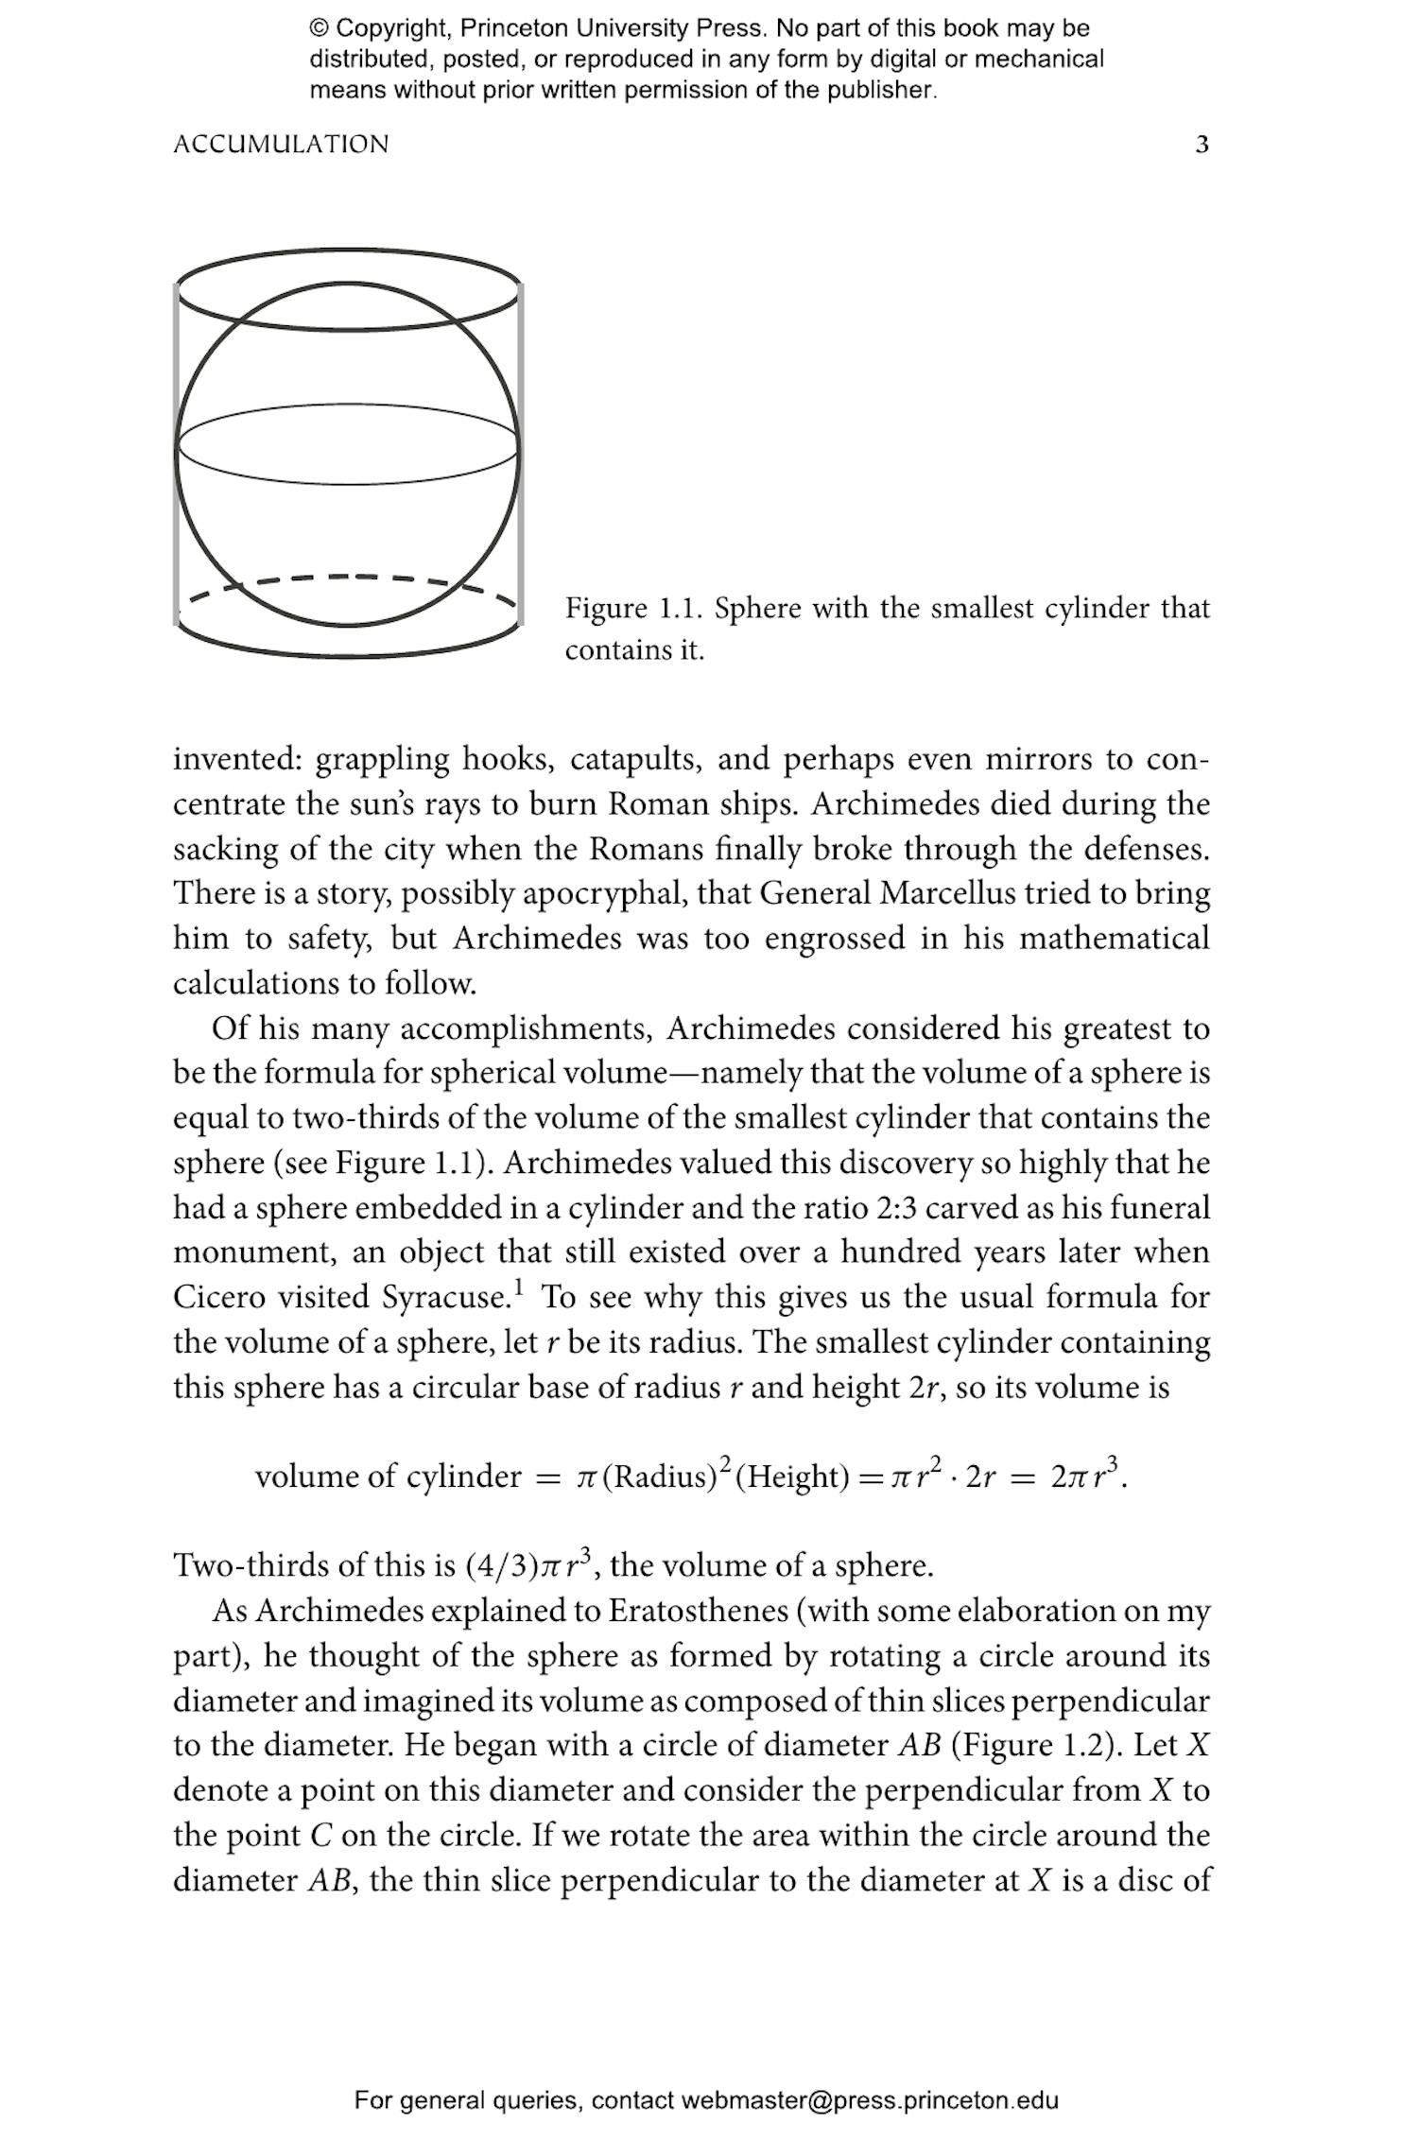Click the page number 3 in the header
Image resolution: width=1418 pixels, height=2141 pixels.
coord(1202,145)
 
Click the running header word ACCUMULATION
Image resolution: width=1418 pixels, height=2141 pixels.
coord(281,145)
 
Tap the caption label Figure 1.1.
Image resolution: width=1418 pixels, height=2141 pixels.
coord(632,608)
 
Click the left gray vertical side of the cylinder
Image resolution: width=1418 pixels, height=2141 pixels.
coord(177,454)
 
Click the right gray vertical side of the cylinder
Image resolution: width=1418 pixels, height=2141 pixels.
coord(520,454)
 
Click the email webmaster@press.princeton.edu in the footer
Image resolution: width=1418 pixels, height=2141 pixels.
coord(869,2100)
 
